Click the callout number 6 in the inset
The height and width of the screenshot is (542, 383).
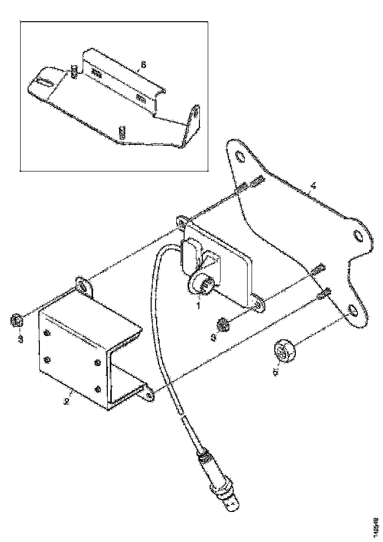tap(144, 65)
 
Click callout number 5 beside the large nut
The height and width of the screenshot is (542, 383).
tap(276, 370)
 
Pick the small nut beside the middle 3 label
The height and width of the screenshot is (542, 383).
tap(223, 326)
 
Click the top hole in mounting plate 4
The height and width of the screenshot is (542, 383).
tap(239, 157)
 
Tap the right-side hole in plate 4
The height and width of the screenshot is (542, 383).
tap(357, 236)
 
